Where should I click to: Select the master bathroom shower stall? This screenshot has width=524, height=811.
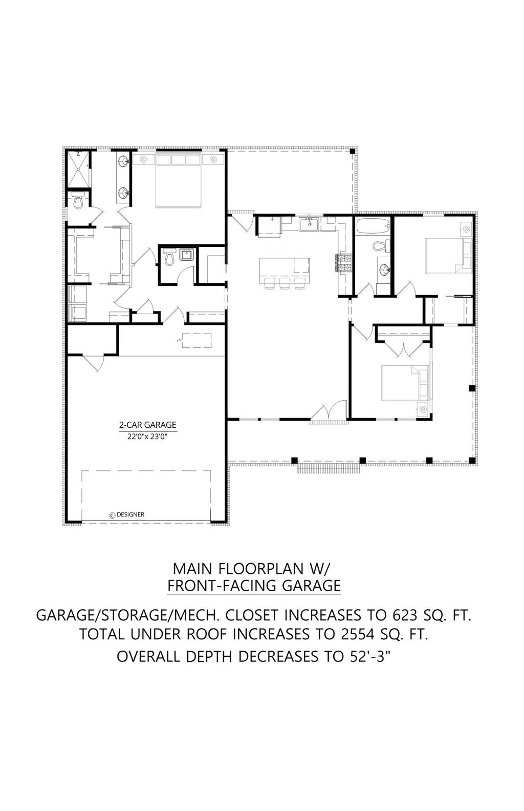[78, 169]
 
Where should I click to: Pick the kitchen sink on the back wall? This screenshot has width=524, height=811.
[309, 224]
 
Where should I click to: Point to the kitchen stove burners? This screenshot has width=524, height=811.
[344, 263]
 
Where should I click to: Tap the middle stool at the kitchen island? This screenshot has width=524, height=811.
[284, 283]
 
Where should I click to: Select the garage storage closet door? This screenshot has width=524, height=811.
[93, 362]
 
